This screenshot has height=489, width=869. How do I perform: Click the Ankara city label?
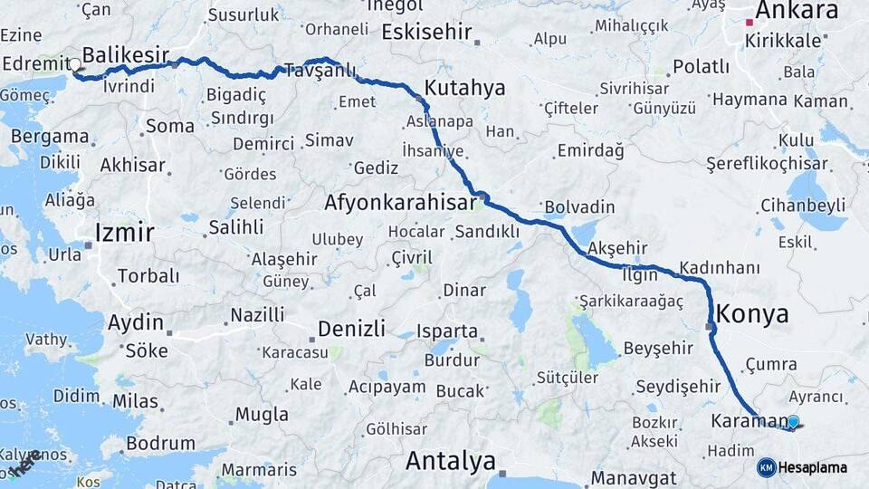click(797, 11)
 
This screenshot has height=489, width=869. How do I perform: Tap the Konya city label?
click(752, 315)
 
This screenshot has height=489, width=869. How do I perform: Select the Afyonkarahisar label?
click(400, 202)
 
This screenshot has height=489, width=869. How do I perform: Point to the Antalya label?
click(450, 461)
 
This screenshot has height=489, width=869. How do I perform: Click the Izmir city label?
click(125, 233)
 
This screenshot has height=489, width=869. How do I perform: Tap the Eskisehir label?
click(427, 33)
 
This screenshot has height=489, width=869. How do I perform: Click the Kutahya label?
click(464, 88)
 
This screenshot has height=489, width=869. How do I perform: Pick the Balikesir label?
click(126, 53)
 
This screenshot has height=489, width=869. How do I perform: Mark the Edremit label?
click(36, 64)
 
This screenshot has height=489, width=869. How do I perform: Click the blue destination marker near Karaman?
click(794, 421)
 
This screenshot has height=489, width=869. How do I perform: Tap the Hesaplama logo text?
click(814, 467)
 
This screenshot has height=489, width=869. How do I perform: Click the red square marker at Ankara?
click(750, 22)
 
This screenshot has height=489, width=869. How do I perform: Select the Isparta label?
click(446, 331)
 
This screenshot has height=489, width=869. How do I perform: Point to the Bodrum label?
click(161, 444)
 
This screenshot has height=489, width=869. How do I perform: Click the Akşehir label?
click(618, 248)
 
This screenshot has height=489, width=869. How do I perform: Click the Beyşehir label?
click(658, 349)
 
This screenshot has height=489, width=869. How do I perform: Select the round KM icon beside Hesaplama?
click(766, 467)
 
